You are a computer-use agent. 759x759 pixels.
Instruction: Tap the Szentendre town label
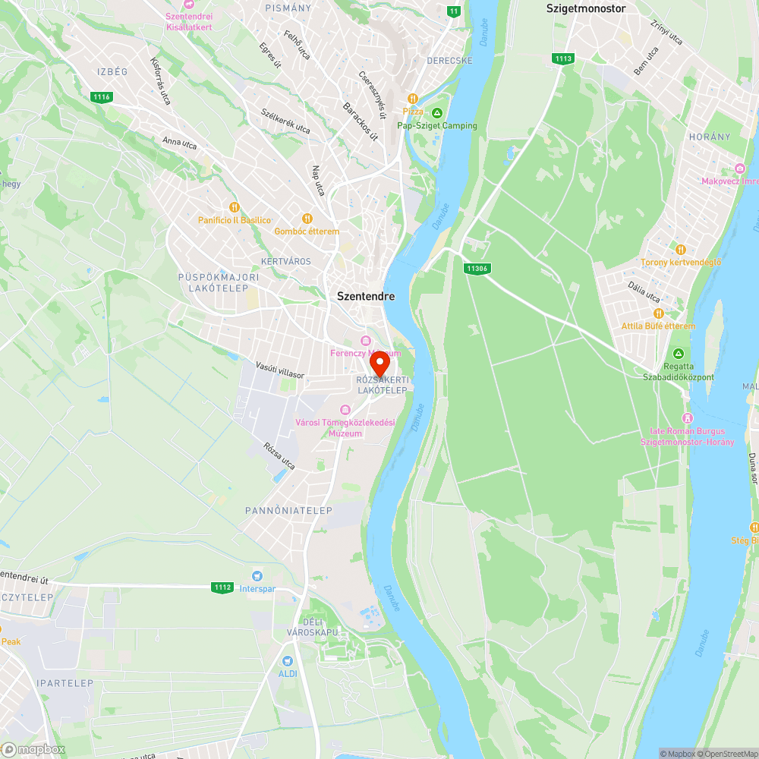(366, 297)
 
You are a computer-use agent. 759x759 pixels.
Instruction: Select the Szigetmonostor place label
(586, 8)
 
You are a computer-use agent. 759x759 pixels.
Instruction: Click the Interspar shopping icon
(257, 577)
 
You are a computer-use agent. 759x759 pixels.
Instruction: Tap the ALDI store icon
(287, 661)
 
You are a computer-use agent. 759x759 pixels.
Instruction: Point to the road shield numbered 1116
(101, 96)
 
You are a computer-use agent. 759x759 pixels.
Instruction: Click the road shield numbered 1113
(563, 58)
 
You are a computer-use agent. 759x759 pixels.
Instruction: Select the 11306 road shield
(477, 268)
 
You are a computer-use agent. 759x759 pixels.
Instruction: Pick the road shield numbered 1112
(222, 587)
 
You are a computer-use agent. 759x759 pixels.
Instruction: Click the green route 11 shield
(454, 11)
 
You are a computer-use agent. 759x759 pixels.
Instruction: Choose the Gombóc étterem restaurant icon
(307, 219)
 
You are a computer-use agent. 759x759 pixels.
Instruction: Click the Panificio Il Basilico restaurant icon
(235, 207)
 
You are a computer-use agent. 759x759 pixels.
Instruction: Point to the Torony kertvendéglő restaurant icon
(680, 249)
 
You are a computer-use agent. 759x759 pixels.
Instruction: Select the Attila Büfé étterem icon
(658, 313)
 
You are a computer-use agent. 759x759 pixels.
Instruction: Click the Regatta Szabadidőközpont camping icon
(679, 354)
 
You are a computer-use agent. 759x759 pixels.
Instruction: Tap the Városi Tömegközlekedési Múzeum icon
(345, 410)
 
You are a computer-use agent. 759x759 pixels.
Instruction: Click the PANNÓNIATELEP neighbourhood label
(288, 511)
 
